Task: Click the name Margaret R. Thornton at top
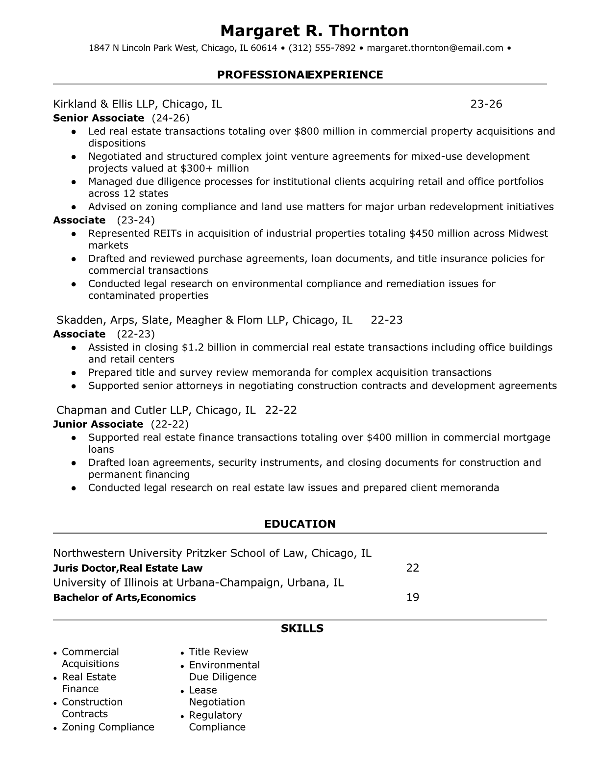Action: pos(314,31)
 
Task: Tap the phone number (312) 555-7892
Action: pos(322,48)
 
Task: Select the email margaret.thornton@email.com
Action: pos(435,48)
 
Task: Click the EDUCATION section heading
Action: pos(300,524)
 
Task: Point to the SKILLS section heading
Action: pos(302,629)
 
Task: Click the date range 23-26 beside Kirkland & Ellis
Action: pos(486,104)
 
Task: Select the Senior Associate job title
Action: pos(99,118)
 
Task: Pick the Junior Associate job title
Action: pos(98,424)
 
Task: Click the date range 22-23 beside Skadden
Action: pos(387,320)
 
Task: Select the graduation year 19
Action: pos(413,597)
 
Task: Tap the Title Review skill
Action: pos(218,652)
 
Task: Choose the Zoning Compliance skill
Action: pos(108,727)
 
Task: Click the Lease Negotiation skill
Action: pos(217,696)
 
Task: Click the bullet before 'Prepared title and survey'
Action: pos(74,373)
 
